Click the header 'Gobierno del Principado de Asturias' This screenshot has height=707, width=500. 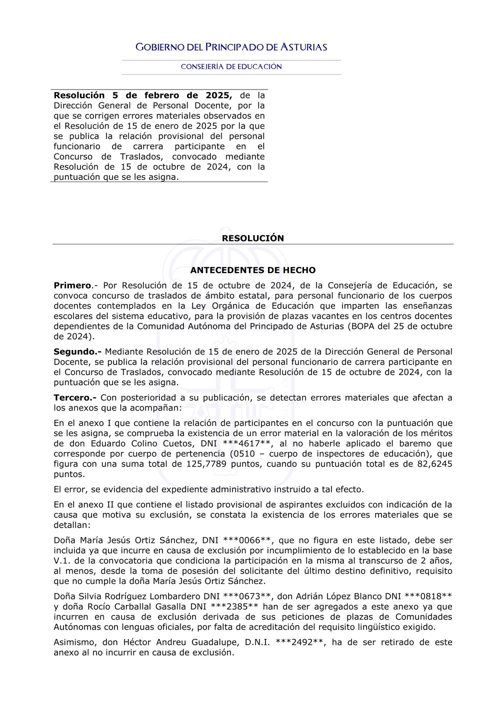(x=231, y=47)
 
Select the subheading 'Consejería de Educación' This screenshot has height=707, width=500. (x=231, y=66)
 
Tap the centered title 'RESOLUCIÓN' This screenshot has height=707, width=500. (x=252, y=238)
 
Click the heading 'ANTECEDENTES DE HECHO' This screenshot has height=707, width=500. (x=252, y=270)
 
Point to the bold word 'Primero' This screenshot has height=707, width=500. (x=72, y=285)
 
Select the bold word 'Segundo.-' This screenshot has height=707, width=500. (x=77, y=351)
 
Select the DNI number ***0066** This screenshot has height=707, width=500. (x=247, y=540)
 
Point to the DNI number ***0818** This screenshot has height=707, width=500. (x=428, y=596)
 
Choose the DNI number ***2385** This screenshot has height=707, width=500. (x=234, y=606)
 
